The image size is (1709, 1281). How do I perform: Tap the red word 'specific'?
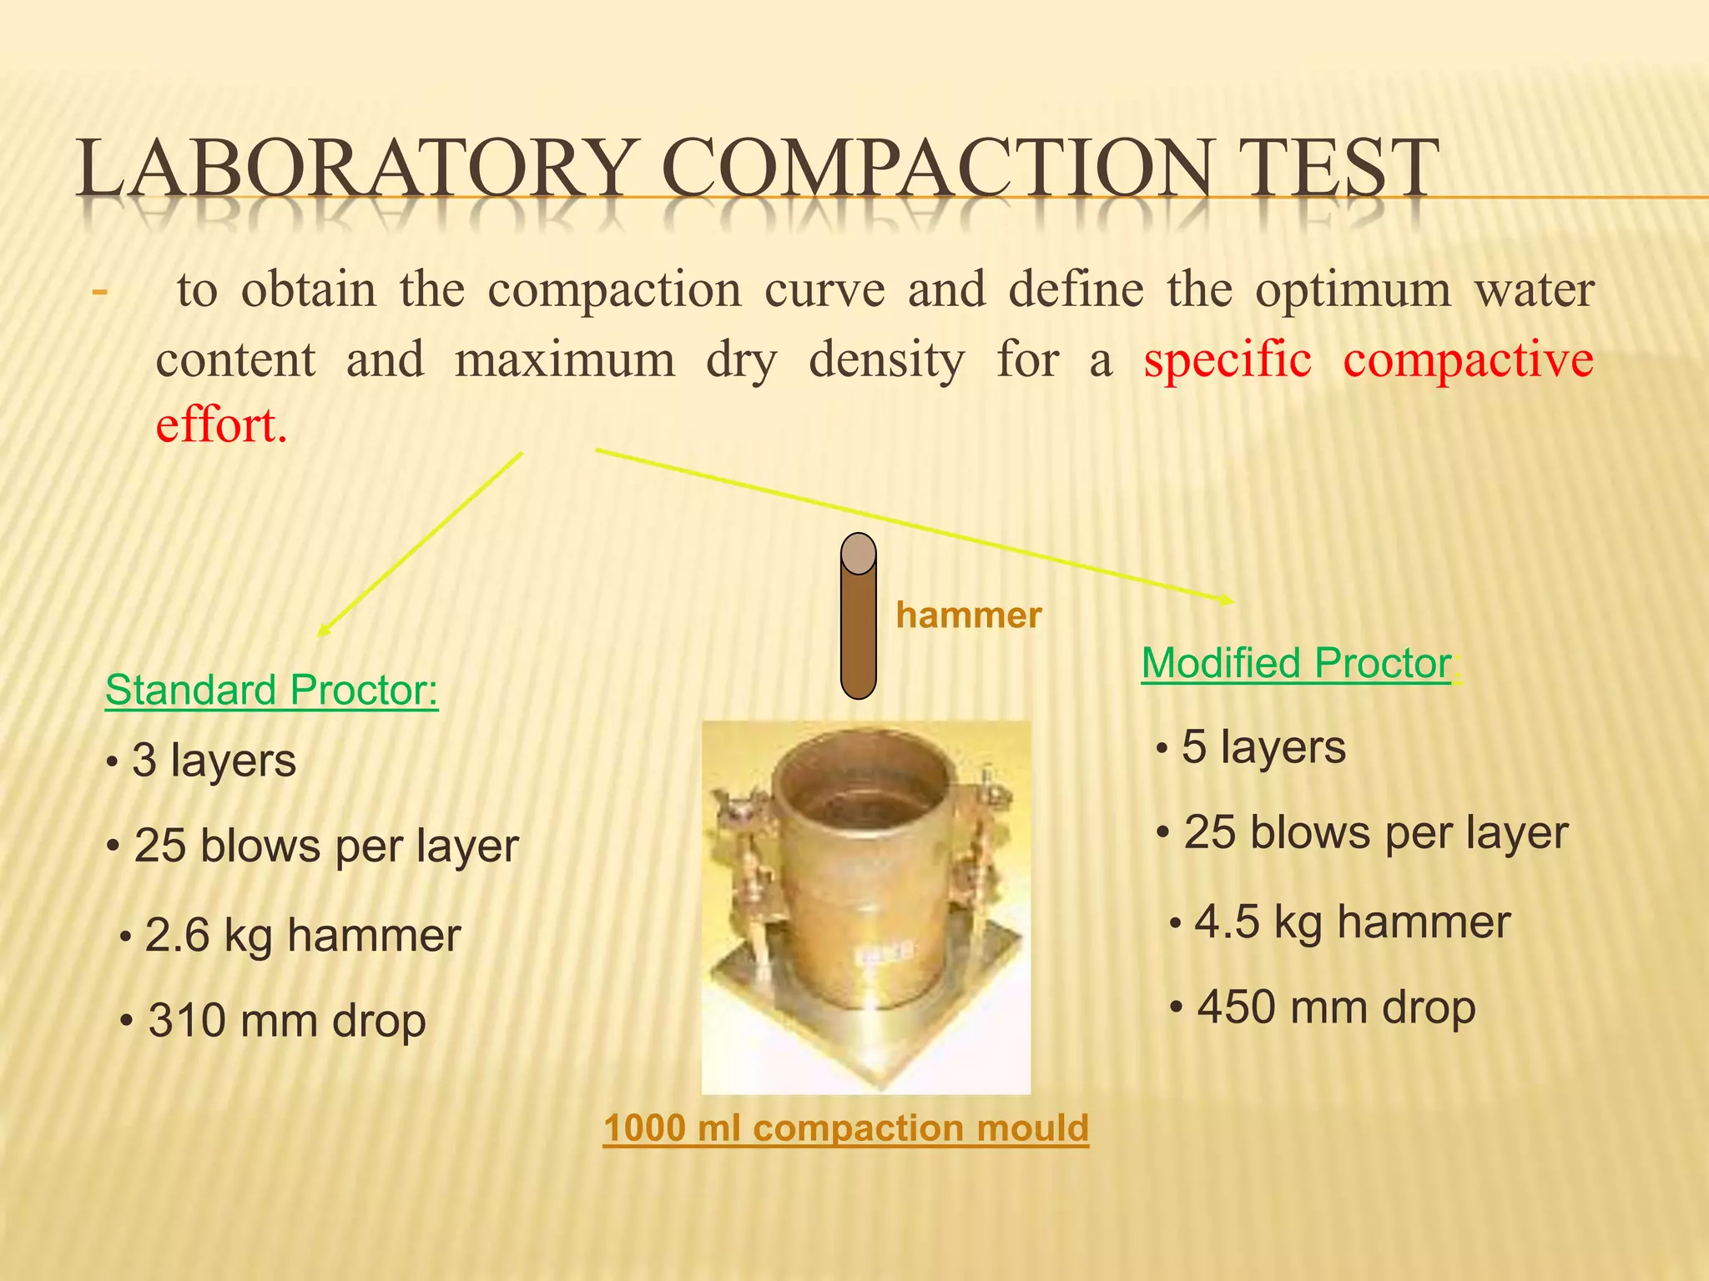pos(1227,360)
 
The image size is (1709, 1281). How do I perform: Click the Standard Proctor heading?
pos(271,691)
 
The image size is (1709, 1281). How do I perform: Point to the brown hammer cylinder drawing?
pos(858,617)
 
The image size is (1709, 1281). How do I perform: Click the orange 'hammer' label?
pos(968,615)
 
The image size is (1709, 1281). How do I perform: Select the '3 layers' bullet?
pos(213,761)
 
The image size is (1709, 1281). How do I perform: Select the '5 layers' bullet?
pos(1262,747)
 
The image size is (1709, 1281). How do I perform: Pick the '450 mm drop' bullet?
pos(1335,1007)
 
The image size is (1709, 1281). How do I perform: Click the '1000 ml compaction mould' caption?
pos(845,1128)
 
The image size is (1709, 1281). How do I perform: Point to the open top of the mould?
pos(860,792)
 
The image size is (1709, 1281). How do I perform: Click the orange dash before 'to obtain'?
pos(99,293)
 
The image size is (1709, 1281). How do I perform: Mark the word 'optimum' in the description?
pos(1353,290)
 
